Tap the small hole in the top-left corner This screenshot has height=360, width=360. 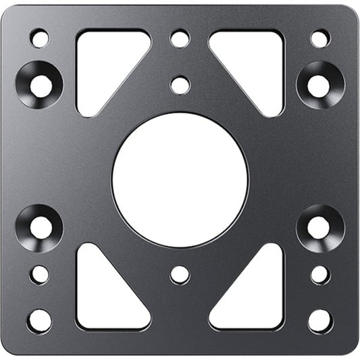[40, 38]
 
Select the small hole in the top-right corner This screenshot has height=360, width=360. [319, 38]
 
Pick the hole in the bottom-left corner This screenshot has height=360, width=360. [40, 320]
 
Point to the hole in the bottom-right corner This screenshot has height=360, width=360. [319, 320]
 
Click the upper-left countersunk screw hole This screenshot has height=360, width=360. [40, 84]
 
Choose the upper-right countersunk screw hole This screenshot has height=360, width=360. [319, 84]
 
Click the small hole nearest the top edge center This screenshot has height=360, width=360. [180, 38]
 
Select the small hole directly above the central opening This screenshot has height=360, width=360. [180, 85]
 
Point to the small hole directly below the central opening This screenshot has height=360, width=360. [180, 274]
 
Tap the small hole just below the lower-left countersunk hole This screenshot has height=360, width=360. [40, 274]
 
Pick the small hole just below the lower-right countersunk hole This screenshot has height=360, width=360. [319, 274]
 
